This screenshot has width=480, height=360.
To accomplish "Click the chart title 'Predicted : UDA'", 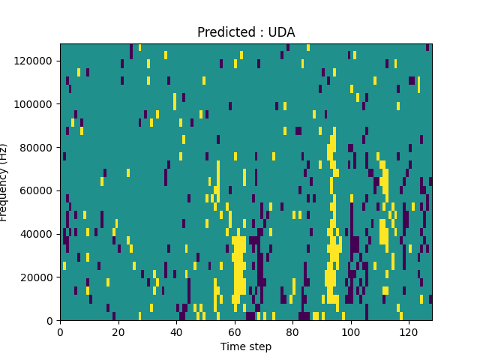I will pyautogui.click(x=246, y=32).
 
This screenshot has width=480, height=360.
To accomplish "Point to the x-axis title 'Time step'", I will pyautogui.click(x=246, y=346).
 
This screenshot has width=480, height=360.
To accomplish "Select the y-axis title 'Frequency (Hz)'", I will pyautogui.click(x=4, y=182).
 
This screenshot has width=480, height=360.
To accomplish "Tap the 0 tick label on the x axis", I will pyautogui.click(x=60, y=331).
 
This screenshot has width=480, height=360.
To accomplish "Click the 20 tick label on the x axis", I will pyautogui.click(x=118, y=331).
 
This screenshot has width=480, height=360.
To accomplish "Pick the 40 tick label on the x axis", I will pyautogui.click(x=176, y=331).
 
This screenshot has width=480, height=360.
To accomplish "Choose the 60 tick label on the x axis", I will pyautogui.click(x=235, y=331).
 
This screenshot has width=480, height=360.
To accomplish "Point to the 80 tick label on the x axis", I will pyautogui.click(x=292, y=331).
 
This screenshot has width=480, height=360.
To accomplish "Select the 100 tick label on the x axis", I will pyautogui.click(x=351, y=331).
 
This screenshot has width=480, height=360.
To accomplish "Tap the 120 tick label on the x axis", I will pyautogui.click(x=409, y=331).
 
